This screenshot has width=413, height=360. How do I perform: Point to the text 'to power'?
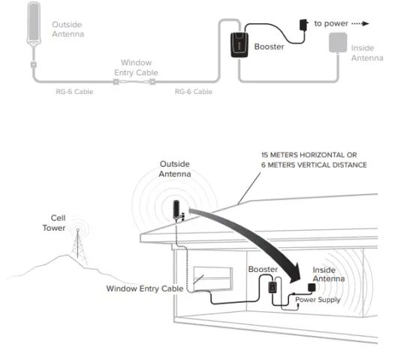pos(330,23)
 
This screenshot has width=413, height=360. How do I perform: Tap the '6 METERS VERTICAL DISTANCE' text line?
pos(312,165)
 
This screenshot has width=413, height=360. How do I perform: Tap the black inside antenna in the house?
pos(312,288)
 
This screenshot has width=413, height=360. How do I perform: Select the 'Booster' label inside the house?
pos(263,269)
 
